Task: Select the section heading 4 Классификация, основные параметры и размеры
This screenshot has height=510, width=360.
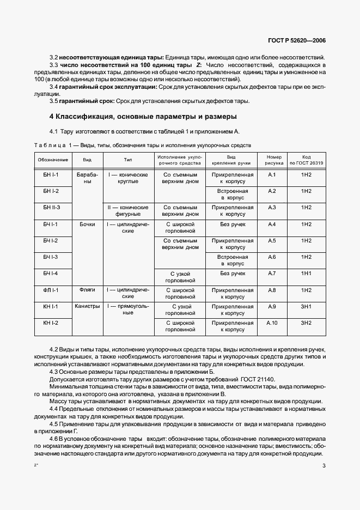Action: click(143, 117)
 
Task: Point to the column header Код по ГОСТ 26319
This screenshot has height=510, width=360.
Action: click(306, 160)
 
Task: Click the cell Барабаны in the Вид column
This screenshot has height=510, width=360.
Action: click(87, 178)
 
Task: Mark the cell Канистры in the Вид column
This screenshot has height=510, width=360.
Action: click(87, 306)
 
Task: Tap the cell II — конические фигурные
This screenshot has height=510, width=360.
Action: click(128, 211)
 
